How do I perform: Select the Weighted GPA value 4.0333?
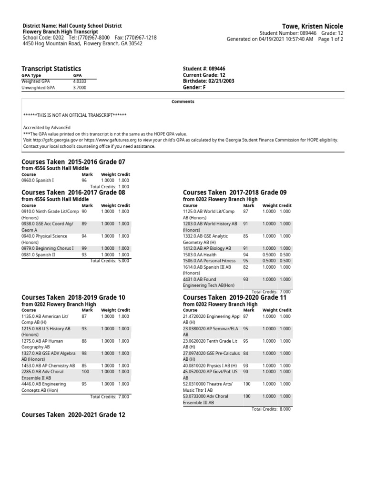tap(80, 81)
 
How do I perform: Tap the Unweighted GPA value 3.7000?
tap(80, 88)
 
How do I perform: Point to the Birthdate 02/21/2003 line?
tap(208, 81)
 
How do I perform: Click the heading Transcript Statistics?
tap(51, 69)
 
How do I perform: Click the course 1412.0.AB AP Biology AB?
tap(207, 248)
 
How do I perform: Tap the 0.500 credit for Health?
tap(285, 254)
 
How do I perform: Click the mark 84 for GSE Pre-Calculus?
tap(246, 353)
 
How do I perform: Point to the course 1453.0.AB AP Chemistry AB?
tap(48, 366)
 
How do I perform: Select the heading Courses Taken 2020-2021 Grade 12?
tap(73, 415)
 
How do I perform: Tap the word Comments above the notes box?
tap(183, 102)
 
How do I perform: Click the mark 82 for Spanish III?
tap(246, 267)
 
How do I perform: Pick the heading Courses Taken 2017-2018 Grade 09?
tap(234, 193)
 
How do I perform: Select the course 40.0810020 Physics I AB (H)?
tap(210, 366)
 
